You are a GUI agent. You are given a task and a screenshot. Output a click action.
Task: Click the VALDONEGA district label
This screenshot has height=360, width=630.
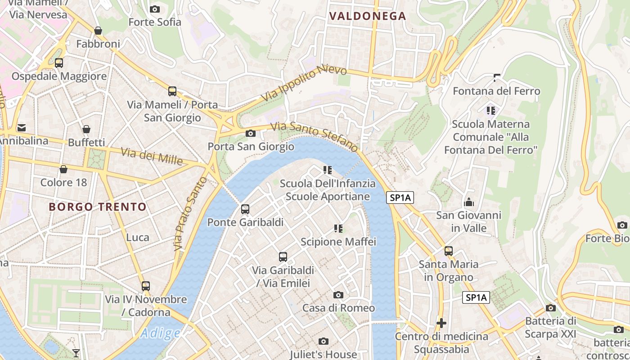[368, 16]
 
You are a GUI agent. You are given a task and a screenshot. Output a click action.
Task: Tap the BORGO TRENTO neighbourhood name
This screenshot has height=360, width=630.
[98, 207]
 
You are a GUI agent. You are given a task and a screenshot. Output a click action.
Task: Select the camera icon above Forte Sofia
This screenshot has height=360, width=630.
[154, 9]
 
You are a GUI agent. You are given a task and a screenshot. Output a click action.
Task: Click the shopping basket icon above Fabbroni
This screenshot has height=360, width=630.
[98, 31]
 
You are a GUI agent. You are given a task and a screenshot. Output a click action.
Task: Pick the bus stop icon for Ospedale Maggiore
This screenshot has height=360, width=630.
[59, 63]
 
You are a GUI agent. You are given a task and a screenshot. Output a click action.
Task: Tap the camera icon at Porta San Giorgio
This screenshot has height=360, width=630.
[251, 133]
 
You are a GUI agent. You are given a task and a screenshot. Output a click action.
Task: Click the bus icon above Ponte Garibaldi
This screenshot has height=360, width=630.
[245, 209]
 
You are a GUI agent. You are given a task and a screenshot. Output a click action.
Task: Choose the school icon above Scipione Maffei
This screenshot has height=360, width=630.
[338, 229]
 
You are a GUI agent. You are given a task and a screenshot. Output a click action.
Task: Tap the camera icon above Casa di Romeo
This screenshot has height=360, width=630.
[338, 295]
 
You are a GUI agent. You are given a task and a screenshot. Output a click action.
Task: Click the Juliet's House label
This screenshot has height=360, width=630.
[323, 354]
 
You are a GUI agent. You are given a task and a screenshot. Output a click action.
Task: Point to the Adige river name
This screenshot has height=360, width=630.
[160, 333]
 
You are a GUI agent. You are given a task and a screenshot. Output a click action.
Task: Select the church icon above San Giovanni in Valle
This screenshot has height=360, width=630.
[469, 202]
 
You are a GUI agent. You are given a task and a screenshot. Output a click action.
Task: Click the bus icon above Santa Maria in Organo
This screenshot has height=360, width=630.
[449, 251]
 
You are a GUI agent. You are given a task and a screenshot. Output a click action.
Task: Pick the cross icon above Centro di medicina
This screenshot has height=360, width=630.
[441, 323]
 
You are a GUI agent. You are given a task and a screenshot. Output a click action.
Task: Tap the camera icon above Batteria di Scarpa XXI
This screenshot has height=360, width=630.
[550, 308]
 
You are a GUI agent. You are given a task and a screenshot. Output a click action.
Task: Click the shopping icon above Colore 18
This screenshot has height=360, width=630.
[63, 169]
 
